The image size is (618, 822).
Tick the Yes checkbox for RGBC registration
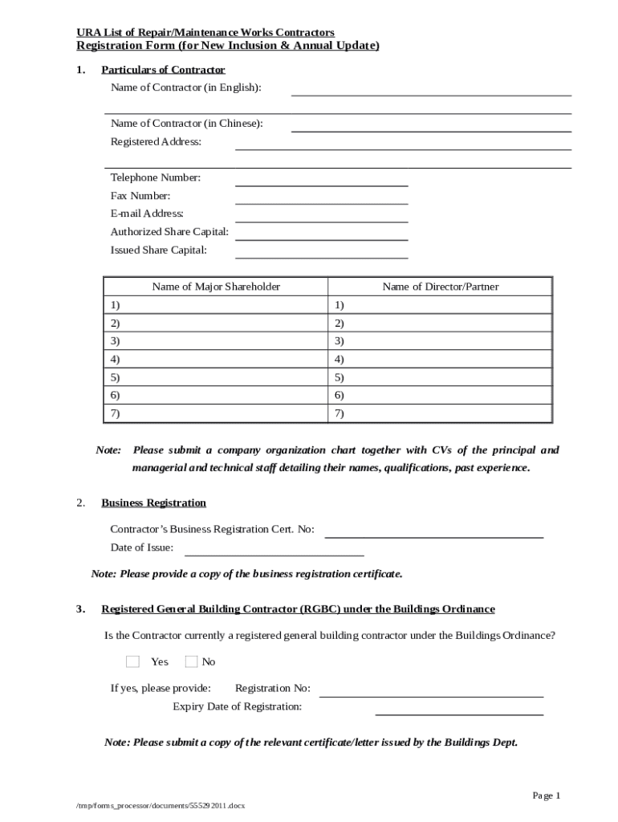(133, 661)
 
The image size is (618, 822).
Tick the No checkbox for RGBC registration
(191, 661)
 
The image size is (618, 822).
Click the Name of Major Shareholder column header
(216, 287)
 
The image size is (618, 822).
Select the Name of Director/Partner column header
(440, 287)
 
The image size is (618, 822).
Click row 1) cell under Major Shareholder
(216, 305)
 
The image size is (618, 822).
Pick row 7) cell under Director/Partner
(440, 413)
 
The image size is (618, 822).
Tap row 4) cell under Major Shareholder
(216, 359)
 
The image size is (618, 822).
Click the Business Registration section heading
(153, 503)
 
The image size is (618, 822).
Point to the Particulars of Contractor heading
(163, 70)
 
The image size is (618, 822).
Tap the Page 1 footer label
(547, 795)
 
